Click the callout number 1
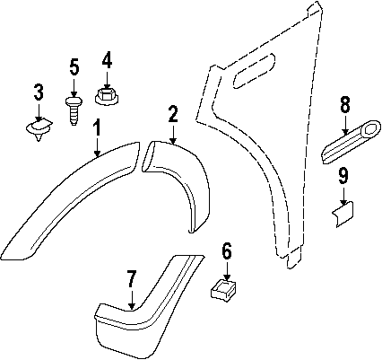[x=97, y=128]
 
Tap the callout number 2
[x=173, y=113]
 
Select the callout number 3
[x=39, y=92]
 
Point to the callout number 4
[x=107, y=60]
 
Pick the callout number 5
[x=74, y=66]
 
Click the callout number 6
[x=227, y=251]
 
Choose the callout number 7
[x=132, y=279]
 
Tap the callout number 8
[x=345, y=105]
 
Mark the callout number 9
[x=343, y=176]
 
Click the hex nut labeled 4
[x=107, y=96]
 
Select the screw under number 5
[x=74, y=110]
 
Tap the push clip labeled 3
[x=39, y=129]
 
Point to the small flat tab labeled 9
[x=343, y=214]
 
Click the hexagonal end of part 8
[x=371, y=128]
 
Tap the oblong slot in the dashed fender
[x=254, y=71]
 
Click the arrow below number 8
[x=345, y=124]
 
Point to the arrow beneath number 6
[x=227, y=271]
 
